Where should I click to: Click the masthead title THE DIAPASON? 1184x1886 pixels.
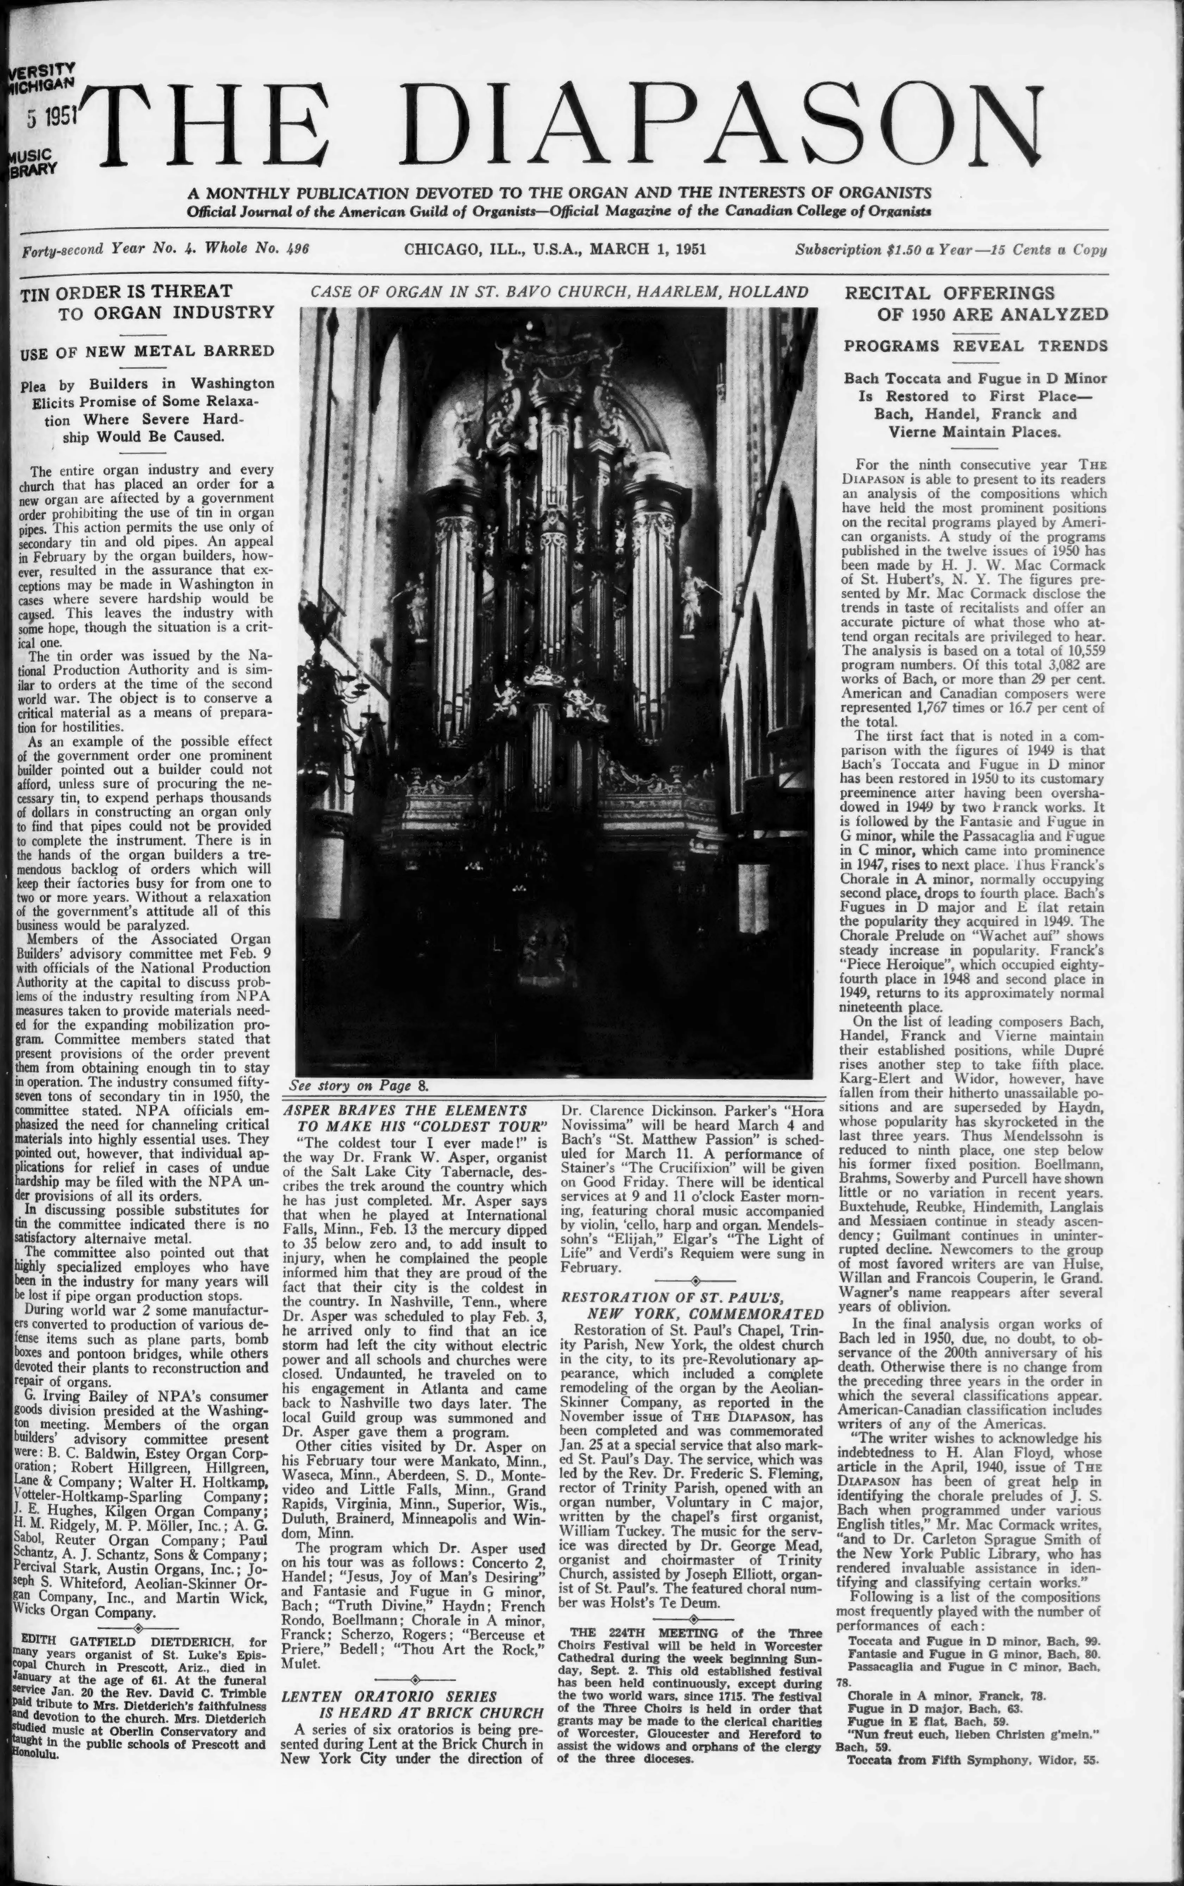pos(572,125)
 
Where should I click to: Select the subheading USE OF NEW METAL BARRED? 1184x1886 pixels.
pos(147,351)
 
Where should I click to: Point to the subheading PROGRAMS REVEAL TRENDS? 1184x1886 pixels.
pos(975,345)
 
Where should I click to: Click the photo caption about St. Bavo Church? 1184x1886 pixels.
pos(558,292)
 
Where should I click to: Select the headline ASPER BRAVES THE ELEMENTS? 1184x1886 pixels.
pos(404,1109)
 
